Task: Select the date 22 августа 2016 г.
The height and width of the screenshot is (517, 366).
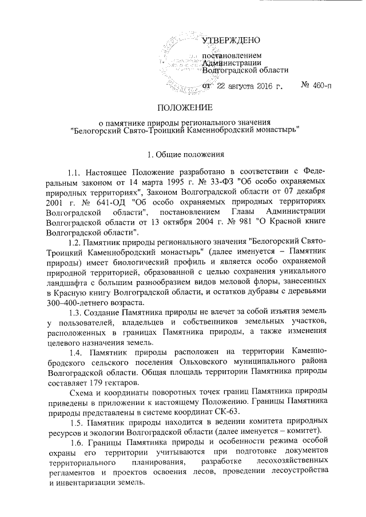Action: pyautogui.click(x=250, y=86)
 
